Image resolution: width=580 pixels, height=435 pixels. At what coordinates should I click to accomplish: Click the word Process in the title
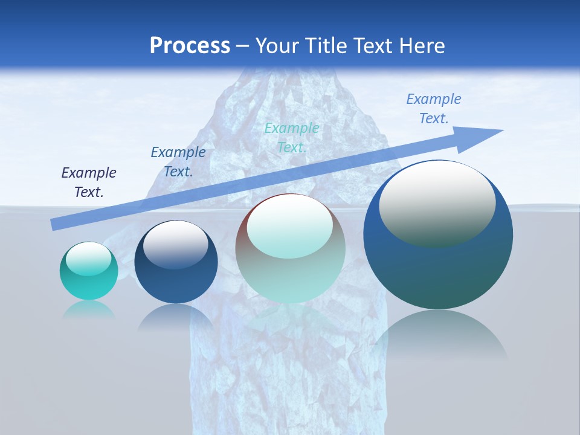click(x=190, y=45)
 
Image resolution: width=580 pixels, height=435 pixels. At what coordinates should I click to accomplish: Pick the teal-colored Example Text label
click(x=292, y=137)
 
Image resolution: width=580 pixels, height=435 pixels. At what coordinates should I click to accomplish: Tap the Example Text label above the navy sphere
click(x=178, y=161)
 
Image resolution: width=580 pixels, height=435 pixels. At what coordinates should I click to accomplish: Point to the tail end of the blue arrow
click(x=54, y=225)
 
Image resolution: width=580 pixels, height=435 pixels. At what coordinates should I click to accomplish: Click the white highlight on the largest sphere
click(x=437, y=202)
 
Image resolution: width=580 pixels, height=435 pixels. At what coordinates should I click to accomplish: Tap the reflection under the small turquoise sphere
click(x=89, y=311)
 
